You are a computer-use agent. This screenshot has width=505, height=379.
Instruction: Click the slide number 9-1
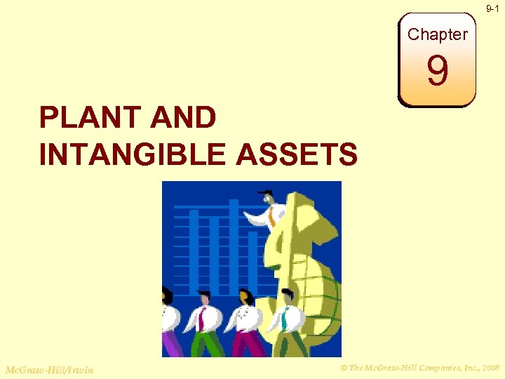click(493, 8)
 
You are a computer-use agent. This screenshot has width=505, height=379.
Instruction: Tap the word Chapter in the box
click(437, 34)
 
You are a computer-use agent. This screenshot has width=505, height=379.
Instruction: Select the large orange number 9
click(437, 72)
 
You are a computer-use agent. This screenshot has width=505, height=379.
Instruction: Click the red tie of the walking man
click(201, 319)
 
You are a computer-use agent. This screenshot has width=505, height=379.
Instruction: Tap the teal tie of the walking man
click(285, 320)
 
